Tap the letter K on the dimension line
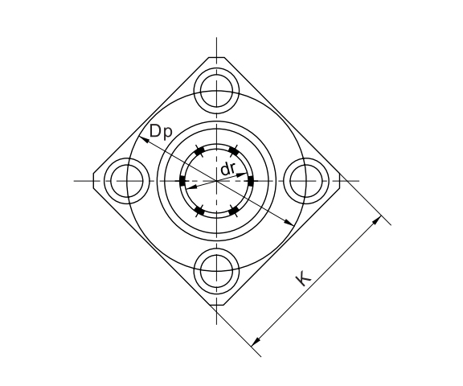click(303, 278)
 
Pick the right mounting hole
click(307, 180)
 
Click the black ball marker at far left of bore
click(182, 180)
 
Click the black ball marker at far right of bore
click(252, 180)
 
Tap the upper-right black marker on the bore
click(234, 150)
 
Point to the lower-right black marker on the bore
click(234, 211)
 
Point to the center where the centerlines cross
click(217, 180)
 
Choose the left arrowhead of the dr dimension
click(189, 187)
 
